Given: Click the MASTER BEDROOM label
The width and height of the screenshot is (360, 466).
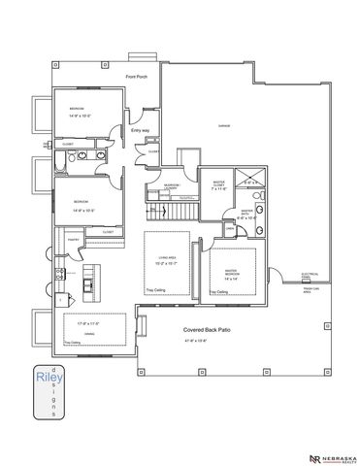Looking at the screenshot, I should tap(233, 273).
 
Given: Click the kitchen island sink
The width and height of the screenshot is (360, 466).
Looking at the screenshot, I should tap(89, 284).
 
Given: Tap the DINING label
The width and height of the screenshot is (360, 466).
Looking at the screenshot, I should tap(89, 332).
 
